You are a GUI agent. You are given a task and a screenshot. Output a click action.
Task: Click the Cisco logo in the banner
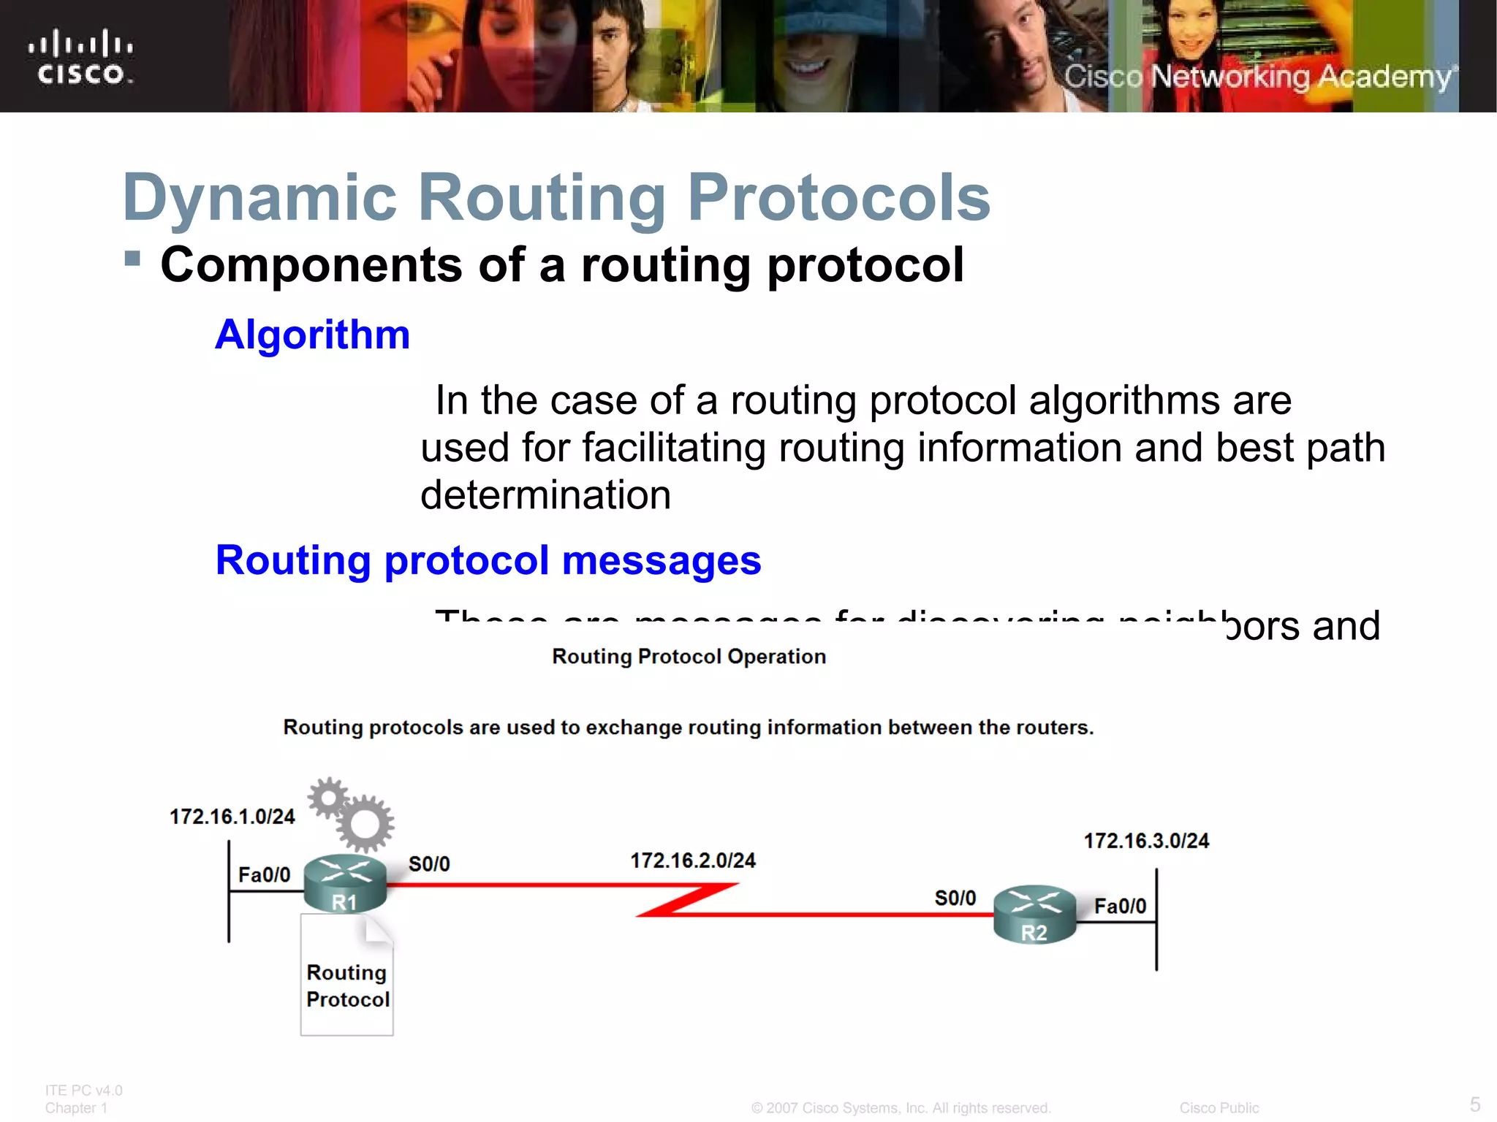(x=80, y=57)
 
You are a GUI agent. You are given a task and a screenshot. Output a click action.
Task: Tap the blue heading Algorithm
(x=312, y=335)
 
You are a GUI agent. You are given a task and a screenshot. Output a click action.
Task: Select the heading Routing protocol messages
(x=488, y=560)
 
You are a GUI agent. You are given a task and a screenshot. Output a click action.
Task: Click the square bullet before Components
(x=132, y=259)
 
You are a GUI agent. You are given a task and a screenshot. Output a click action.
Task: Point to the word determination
(x=545, y=495)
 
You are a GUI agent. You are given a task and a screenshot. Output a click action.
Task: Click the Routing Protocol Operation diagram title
(x=689, y=656)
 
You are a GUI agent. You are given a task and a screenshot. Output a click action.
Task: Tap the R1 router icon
(x=345, y=885)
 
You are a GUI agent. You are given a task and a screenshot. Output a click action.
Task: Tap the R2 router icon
(x=1034, y=915)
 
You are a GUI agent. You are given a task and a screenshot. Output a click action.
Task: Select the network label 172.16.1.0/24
(x=232, y=816)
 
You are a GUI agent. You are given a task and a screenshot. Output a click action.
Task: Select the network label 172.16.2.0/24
(x=692, y=860)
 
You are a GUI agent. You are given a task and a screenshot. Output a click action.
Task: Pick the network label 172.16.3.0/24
(x=1145, y=841)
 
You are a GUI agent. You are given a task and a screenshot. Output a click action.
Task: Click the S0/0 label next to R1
(x=429, y=864)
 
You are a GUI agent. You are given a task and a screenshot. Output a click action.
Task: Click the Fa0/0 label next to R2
(x=1120, y=907)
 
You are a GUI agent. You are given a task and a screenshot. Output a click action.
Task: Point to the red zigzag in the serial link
(x=687, y=900)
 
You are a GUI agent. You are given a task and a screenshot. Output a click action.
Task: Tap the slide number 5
(x=1474, y=1104)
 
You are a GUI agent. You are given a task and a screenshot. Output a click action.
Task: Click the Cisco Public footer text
(x=1219, y=1108)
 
